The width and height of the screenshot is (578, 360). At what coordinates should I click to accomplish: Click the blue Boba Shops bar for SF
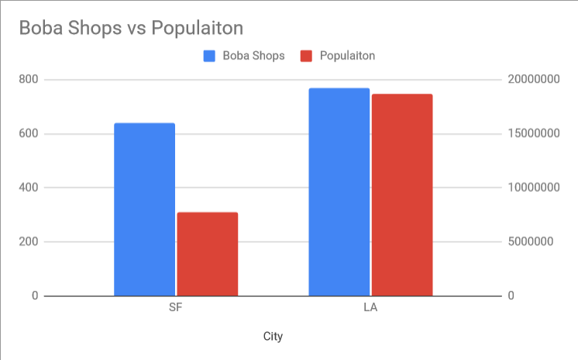pyautogui.click(x=145, y=209)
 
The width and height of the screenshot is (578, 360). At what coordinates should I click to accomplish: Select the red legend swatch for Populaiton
pyautogui.click(x=307, y=56)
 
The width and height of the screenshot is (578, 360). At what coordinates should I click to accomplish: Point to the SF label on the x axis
pyautogui.click(x=176, y=307)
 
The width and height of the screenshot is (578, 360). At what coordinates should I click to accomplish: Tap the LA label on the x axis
pyautogui.click(x=370, y=307)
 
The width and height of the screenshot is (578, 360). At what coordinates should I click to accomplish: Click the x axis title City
pyautogui.click(x=273, y=337)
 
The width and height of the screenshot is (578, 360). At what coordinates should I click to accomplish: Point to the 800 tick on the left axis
pyautogui.click(x=29, y=80)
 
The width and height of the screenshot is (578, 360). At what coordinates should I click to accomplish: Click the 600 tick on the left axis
pyautogui.click(x=29, y=134)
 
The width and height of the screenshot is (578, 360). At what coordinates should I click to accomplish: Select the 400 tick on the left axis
pyautogui.click(x=29, y=188)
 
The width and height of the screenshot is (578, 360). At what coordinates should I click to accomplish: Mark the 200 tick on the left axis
pyautogui.click(x=29, y=242)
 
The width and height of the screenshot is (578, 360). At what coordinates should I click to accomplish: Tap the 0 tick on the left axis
pyautogui.click(x=35, y=296)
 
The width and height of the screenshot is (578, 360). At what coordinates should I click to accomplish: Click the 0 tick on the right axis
pyautogui.click(x=511, y=296)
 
